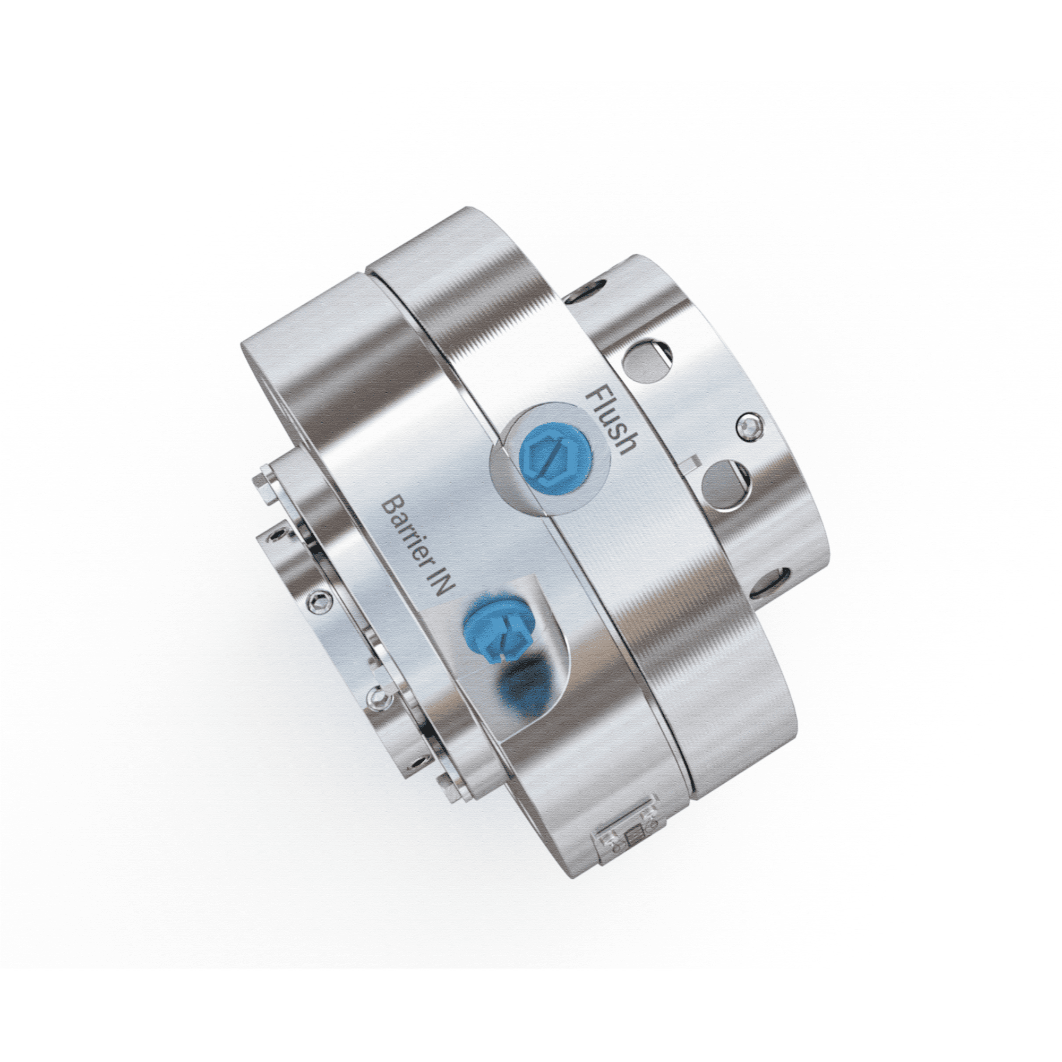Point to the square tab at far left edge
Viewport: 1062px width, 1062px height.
pos(263,484)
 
